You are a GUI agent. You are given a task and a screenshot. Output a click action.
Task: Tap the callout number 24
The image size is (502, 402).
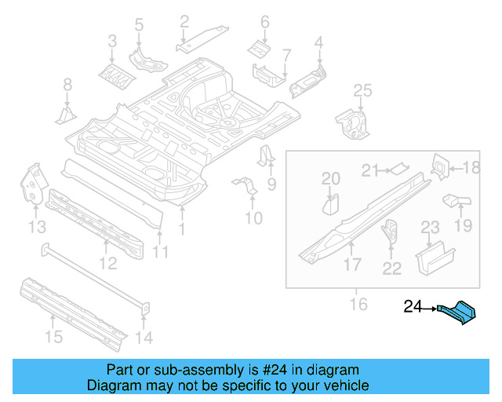413,308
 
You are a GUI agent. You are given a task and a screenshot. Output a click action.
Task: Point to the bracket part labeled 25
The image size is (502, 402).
352,122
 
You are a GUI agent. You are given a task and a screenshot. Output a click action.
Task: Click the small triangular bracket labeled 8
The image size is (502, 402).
66,115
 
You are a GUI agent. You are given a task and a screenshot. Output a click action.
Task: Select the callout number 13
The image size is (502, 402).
37,227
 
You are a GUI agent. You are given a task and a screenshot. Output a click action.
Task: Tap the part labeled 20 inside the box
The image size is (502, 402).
330,205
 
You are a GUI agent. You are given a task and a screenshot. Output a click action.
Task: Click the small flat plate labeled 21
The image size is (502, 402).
400,166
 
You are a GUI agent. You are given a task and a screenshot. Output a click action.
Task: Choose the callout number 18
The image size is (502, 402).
471,167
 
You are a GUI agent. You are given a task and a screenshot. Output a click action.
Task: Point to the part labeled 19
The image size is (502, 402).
456,201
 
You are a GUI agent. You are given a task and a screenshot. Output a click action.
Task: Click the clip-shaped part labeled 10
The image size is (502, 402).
246,188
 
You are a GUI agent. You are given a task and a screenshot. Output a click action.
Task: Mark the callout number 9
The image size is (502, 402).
272,185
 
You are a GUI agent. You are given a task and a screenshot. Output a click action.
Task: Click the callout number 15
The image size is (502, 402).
53,337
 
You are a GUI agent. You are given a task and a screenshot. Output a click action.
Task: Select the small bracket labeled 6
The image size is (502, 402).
260,48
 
